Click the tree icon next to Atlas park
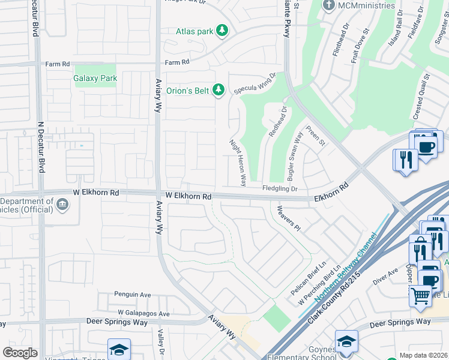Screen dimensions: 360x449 (x=222, y=31)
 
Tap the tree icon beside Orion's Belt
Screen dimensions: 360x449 (x=218, y=90)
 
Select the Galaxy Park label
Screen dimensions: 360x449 (x=95, y=78)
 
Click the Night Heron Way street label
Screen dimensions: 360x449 (x=238, y=162)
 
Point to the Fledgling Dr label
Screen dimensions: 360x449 (x=280, y=189)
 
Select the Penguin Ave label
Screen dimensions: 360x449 (x=133, y=295)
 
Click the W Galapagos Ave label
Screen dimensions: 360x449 (x=143, y=313)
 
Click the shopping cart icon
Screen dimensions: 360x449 (x=420, y=294)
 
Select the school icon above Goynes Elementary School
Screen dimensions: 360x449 (x=346, y=341)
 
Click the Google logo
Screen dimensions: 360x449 (x=20, y=353)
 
